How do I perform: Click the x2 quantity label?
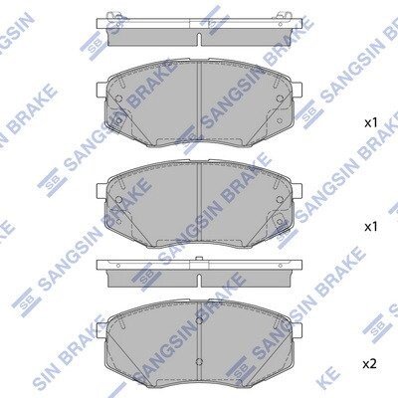tap(369, 364)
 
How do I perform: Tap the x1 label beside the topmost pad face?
tap(370, 123)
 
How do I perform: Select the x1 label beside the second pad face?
tap(370, 227)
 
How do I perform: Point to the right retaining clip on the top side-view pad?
tap(284, 15)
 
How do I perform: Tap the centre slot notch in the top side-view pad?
tap(199, 39)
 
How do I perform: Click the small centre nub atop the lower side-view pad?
tap(199, 259)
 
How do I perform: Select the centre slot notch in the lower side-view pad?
tap(199, 281)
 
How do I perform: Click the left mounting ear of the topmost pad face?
tap(101, 89)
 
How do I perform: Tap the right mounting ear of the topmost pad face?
tap(298, 89)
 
